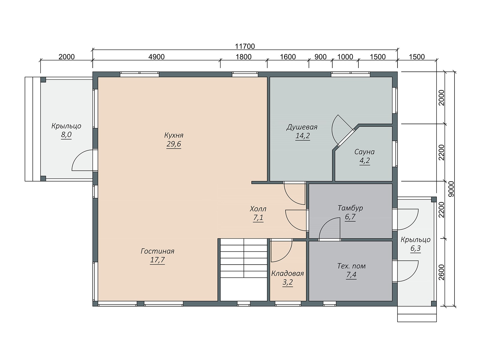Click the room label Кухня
(174, 135)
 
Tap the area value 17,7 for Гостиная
(157, 260)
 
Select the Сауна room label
(364, 152)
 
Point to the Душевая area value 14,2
(303, 136)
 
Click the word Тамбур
(350, 208)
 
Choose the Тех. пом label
(351, 266)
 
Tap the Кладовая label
(288, 273)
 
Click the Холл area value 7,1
(258, 218)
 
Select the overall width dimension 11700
(245, 46)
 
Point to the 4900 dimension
(156, 57)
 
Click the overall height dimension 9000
(451, 189)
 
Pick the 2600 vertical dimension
(442, 272)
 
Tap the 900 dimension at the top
(320, 57)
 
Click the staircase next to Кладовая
(244, 270)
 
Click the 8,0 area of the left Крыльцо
(66, 135)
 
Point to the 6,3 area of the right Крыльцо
(415, 248)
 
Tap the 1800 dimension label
(243, 57)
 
